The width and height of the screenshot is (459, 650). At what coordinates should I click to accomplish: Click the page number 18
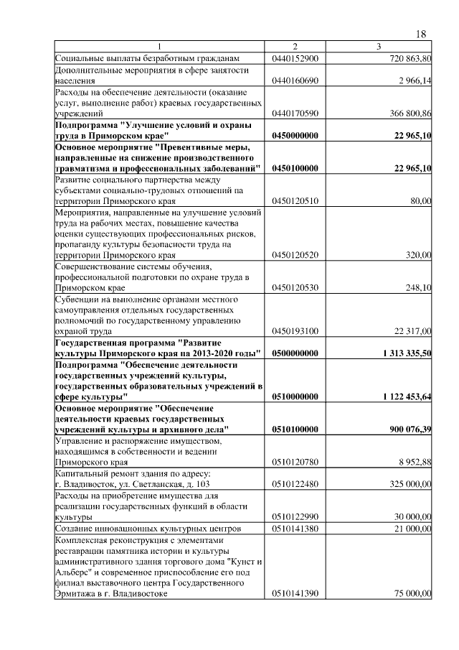click(x=421, y=34)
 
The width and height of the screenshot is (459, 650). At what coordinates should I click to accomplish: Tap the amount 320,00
click(x=420, y=255)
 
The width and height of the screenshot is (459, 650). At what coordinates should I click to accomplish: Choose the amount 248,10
click(x=420, y=287)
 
